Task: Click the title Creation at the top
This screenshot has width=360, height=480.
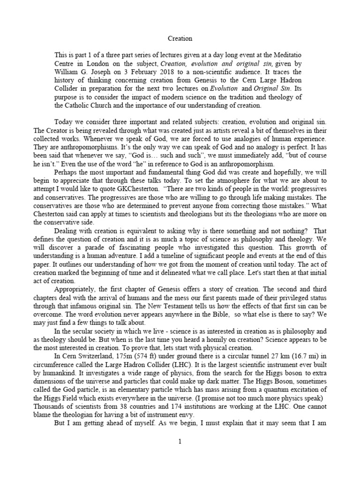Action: coord(180,38)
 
